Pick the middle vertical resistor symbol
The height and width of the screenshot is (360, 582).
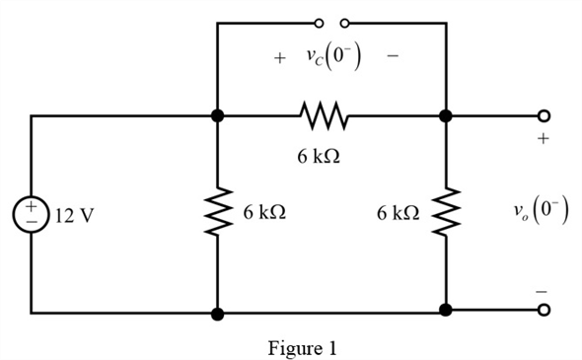click(217, 213)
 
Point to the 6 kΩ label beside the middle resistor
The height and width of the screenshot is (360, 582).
click(264, 213)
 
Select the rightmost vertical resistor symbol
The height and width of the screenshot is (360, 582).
click(446, 213)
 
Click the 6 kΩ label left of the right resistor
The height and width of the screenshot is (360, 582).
click(398, 213)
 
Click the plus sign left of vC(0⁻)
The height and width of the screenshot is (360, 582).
click(280, 58)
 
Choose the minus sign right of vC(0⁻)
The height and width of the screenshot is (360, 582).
click(393, 58)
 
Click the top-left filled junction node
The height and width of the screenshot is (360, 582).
click(217, 116)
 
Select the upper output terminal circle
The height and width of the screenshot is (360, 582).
click(543, 116)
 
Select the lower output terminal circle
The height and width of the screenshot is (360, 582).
click(543, 311)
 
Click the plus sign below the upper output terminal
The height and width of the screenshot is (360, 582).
click(542, 140)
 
